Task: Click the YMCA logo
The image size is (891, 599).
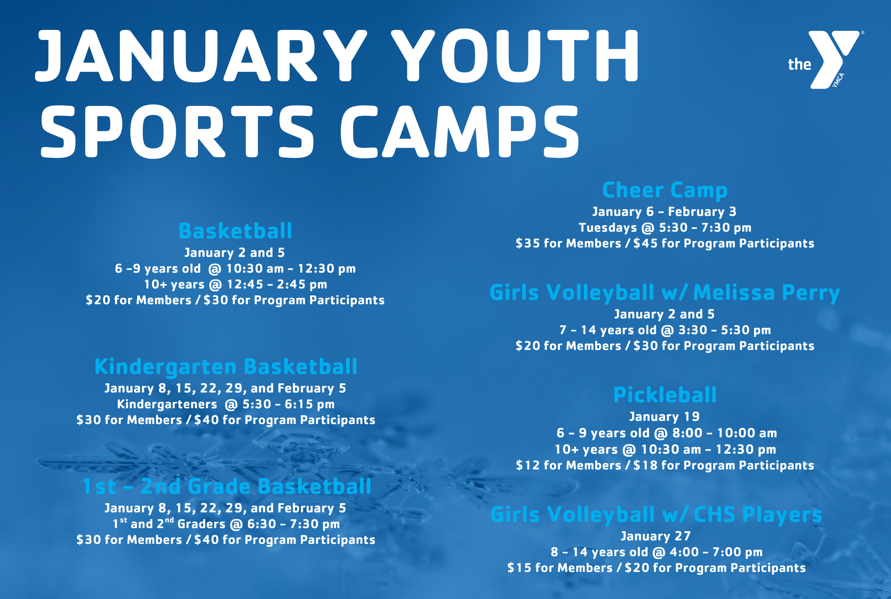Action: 825,60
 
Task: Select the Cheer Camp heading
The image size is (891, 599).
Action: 665,190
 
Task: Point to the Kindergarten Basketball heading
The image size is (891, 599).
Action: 226,367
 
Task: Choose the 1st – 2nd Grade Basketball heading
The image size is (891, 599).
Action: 227,486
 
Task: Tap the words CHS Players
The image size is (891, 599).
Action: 758,515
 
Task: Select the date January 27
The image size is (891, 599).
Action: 656,536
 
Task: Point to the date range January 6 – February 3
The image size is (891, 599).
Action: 664,212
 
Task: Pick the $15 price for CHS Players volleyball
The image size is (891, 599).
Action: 519,568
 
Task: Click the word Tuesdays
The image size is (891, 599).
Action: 608,228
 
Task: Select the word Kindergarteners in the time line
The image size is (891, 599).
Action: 167,404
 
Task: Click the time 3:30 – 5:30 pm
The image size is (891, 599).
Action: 725,330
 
